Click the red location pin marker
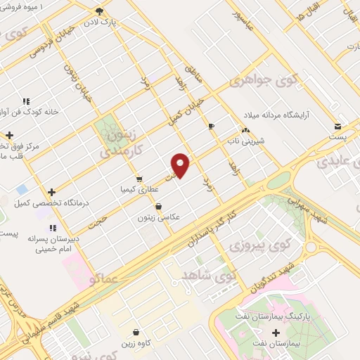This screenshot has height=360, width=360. coord(181,165)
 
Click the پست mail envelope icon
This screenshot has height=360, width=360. coord(338,127)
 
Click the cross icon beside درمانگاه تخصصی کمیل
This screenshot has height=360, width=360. coord(51,191)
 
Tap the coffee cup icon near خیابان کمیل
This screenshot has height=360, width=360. coord(212,126)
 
